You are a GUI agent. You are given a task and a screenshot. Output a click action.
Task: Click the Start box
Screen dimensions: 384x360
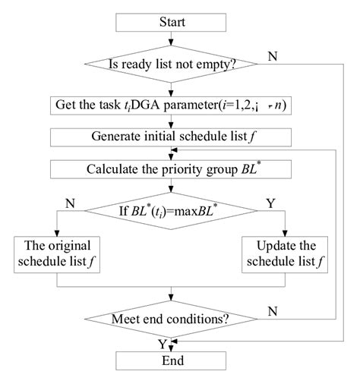[x=172, y=22]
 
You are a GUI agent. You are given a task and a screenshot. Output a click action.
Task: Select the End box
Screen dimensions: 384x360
[x=172, y=361]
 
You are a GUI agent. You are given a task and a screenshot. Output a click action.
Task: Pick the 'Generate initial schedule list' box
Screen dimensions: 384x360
[x=172, y=137]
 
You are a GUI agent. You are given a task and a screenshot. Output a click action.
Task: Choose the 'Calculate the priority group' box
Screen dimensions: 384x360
[x=172, y=166]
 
